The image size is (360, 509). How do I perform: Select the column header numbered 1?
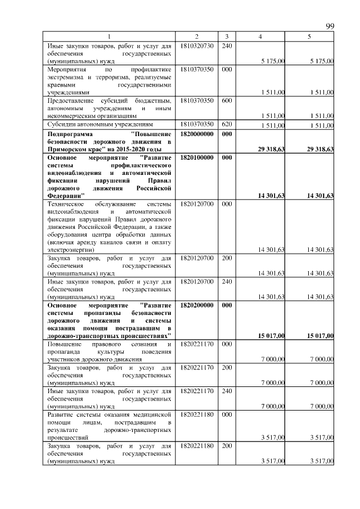click(x=109, y=37)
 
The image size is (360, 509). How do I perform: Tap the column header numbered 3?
click(x=226, y=37)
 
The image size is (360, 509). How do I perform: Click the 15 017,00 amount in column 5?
click(x=321, y=336)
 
